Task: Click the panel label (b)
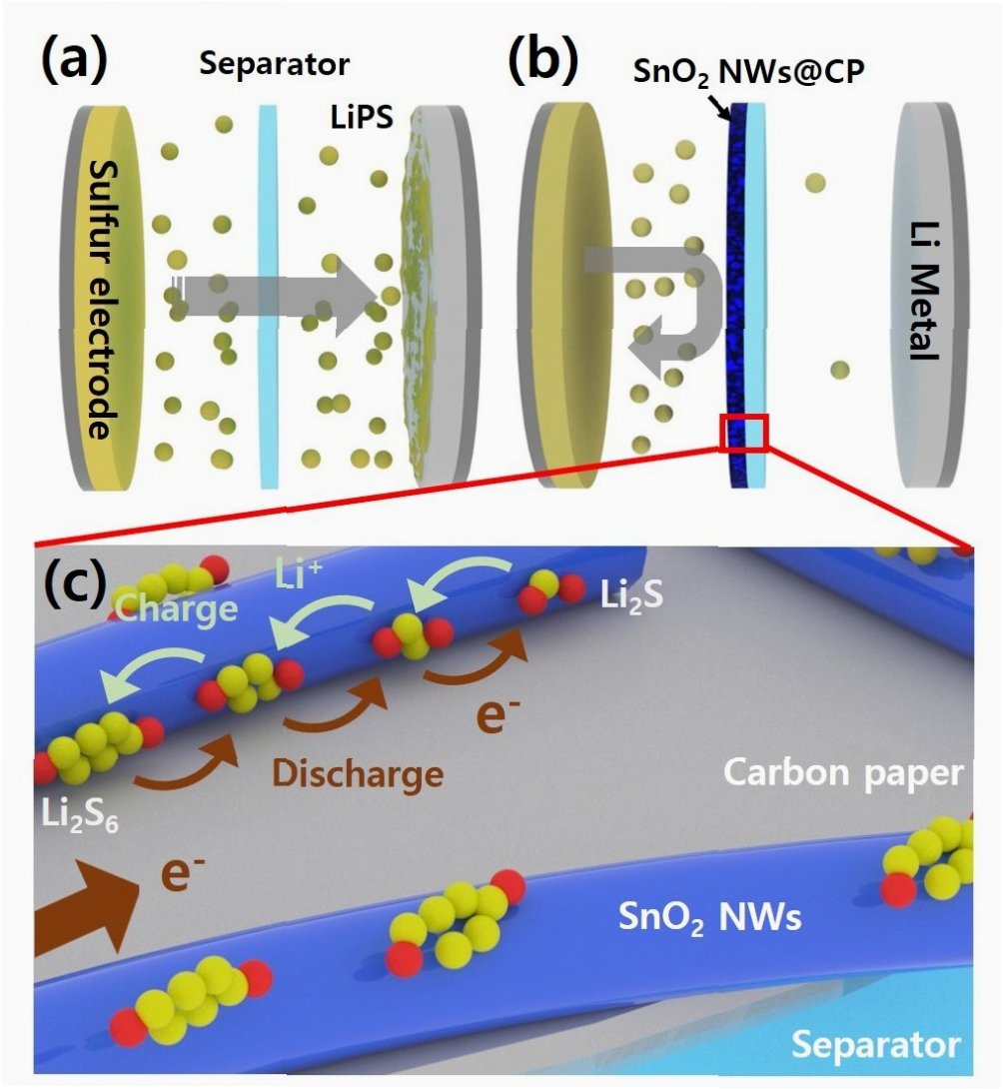[x=541, y=63]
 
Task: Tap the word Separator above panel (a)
[x=274, y=66]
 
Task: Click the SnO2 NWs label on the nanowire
[x=711, y=915]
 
